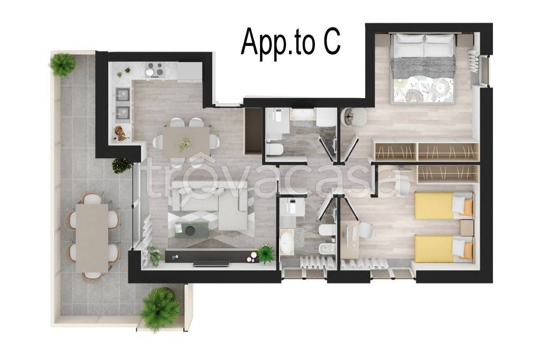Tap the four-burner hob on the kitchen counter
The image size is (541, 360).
(155, 70)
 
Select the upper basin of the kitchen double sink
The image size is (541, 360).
(123, 95)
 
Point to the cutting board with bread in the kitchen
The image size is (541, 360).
(122, 133)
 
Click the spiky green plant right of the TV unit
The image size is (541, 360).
(266, 253)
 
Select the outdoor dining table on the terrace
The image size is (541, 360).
(92, 237)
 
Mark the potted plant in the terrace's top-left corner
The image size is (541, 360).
(62, 64)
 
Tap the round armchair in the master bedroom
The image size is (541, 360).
(350, 116)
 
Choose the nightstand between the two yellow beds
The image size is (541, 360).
(467, 227)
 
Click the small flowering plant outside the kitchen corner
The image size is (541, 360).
(122, 166)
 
